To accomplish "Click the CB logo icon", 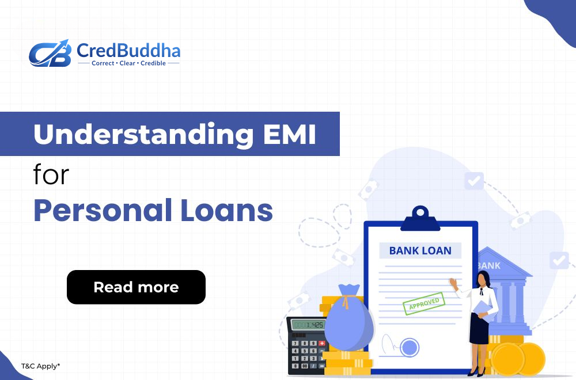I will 49,53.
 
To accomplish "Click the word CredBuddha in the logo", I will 128,51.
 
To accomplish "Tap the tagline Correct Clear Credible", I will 128,63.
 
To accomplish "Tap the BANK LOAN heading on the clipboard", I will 420,250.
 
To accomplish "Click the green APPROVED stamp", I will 423,303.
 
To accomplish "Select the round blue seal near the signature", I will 410,347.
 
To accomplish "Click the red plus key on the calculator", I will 321,343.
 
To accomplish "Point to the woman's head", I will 483,280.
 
